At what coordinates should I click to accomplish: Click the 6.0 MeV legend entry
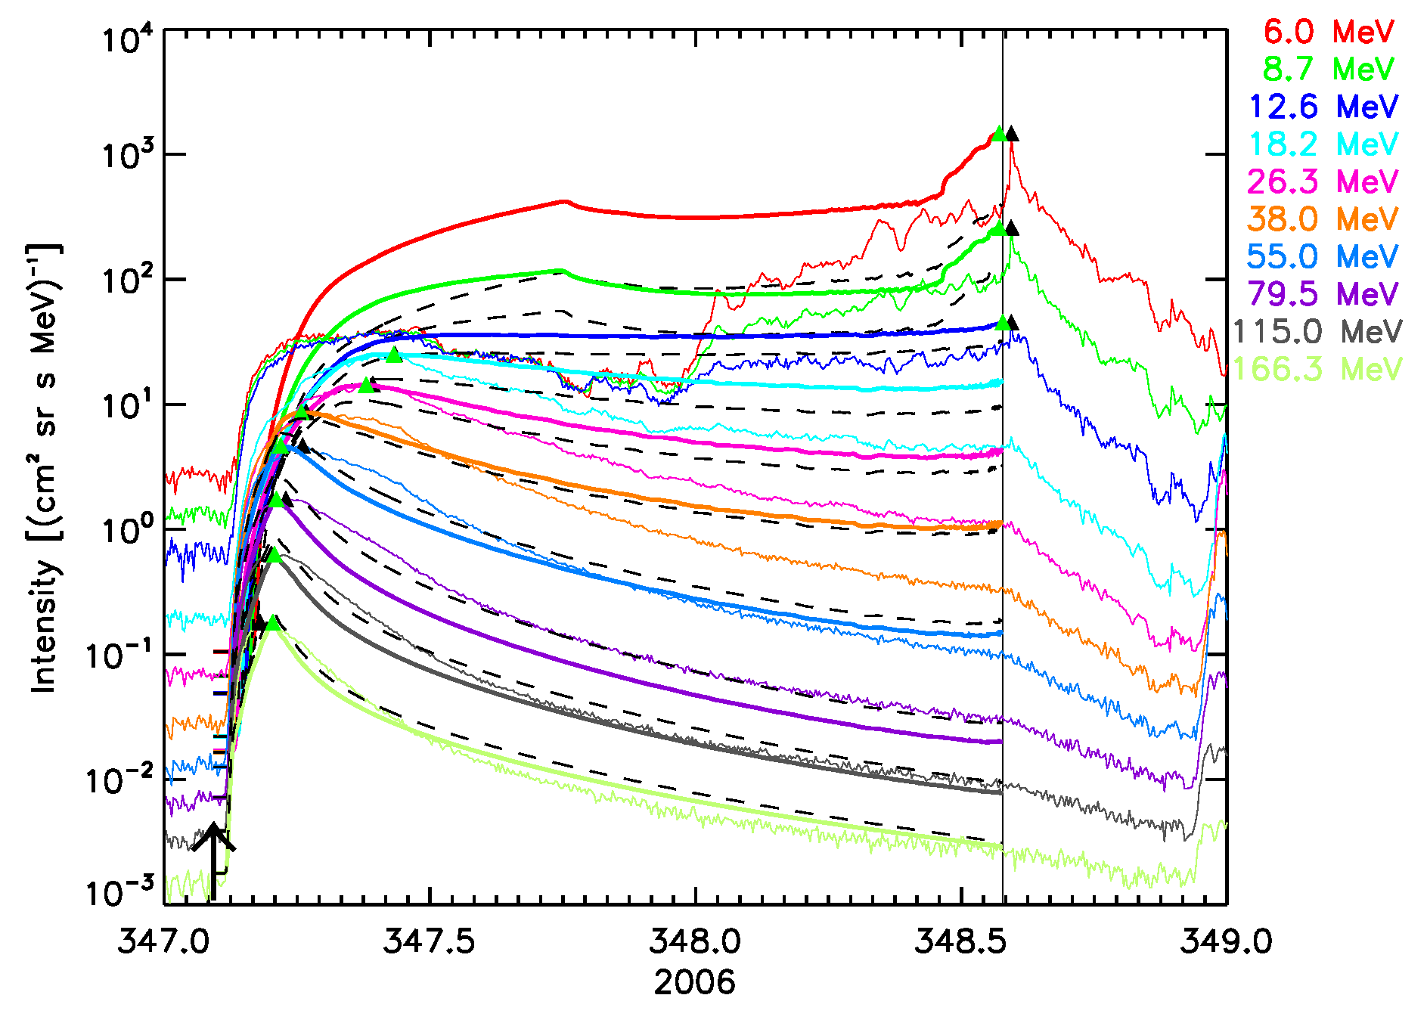click(1329, 32)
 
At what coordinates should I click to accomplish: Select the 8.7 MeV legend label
click(1329, 70)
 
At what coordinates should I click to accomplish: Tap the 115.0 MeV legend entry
click(1317, 331)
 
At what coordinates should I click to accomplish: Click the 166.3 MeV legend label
click(1317, 369)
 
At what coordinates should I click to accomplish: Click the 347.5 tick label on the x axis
click(430, 942)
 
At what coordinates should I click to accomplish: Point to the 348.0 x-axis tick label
click(695, 942)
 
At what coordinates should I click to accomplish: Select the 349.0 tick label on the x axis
click(1227, 942)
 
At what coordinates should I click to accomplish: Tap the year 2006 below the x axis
click(694, 982)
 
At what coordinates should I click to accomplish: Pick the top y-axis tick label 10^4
click(121, 39)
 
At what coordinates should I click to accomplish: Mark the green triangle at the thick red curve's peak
click(999, 134)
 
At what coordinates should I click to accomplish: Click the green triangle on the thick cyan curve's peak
click(393, 355)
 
